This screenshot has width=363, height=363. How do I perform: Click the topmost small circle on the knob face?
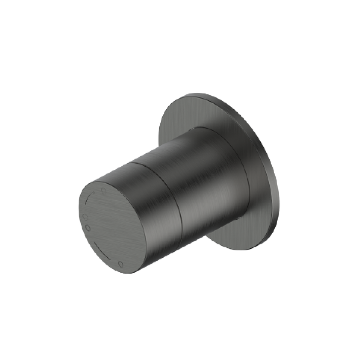(104, 191)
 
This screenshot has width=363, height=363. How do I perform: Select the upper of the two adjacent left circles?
(85, 217)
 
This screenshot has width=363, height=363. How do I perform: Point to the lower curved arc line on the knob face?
(102, 249)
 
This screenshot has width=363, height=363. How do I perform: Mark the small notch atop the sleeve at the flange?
(193, 129)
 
